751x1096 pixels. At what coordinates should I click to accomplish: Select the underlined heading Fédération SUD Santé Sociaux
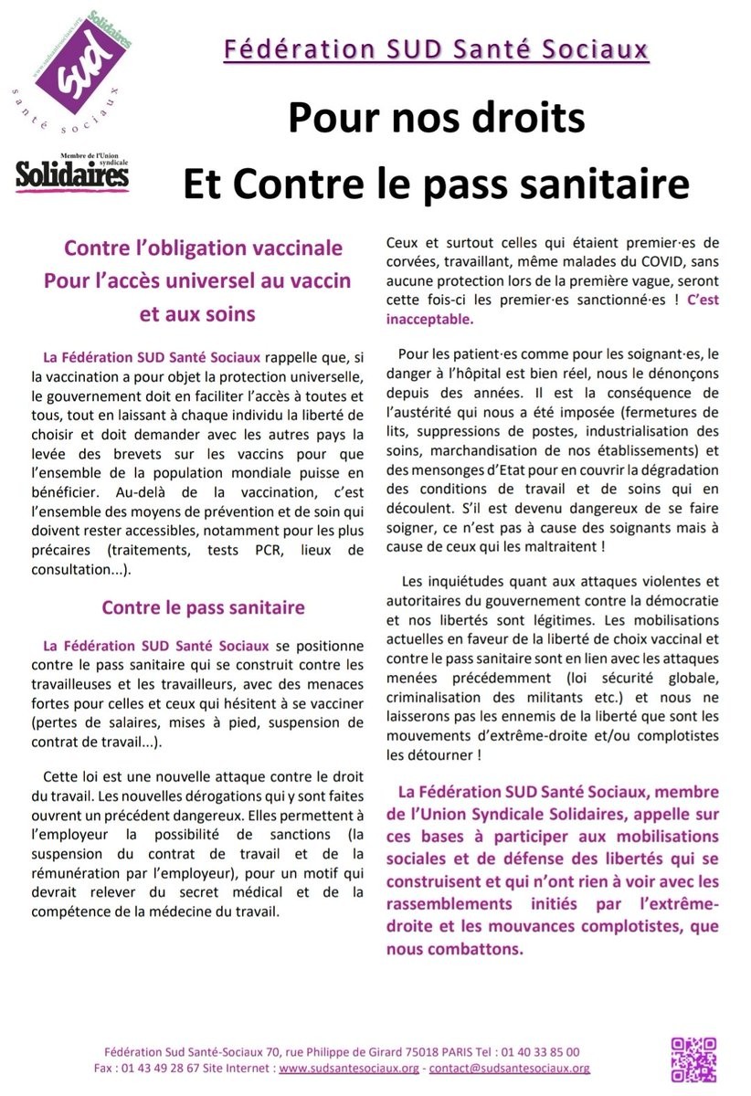(437, 48)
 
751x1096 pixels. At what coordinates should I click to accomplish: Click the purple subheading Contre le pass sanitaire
(203, 607)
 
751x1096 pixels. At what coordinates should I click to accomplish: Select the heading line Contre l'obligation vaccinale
(203, 248)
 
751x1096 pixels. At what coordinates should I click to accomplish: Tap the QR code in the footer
(693, 1059)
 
